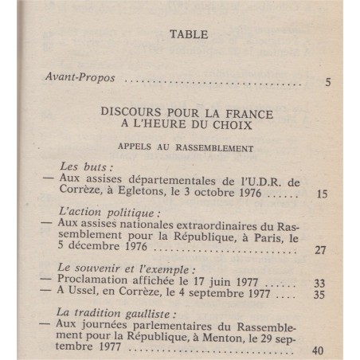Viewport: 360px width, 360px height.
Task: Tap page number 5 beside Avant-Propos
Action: (329, 82)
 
